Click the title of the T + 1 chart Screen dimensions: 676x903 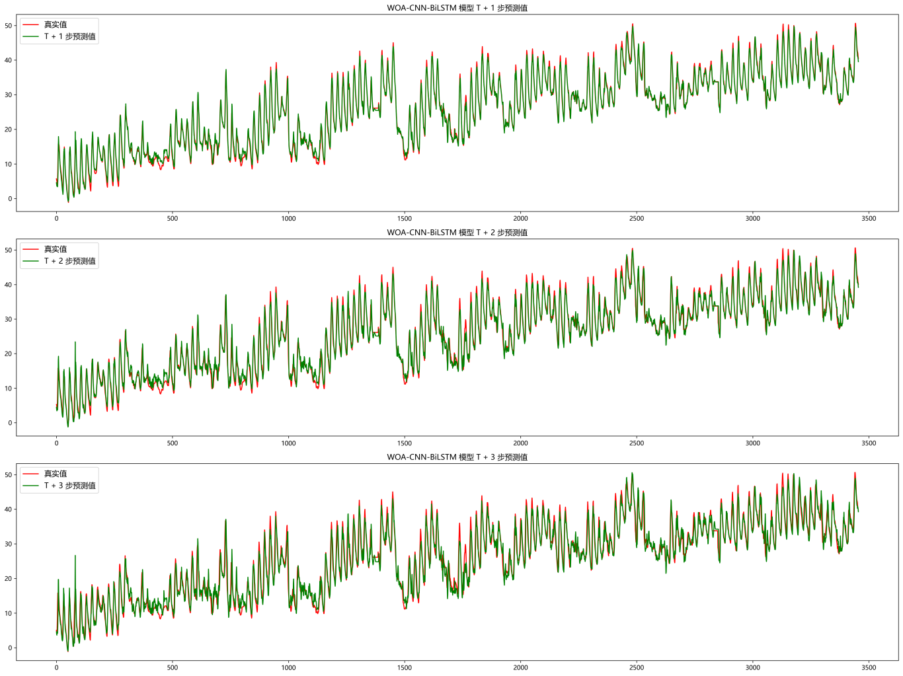[x=457, y=8]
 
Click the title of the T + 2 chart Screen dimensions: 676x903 [x=457, y=233]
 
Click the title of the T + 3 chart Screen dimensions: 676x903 [x=457, y=457]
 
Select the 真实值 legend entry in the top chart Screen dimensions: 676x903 [x=56, y=24]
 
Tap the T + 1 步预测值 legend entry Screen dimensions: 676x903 [x=69, y=36]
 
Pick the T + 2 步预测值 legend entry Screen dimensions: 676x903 [x=69, y=261]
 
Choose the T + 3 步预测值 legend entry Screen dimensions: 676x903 [x=69, y=486]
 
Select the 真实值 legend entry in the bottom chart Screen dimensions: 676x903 [x=56, y=474]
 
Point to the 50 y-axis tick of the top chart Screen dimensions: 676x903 [x=9, y=26]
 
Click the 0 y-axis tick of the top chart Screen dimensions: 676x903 [x=11, y=199]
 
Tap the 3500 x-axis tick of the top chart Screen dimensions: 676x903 [x=869, y=219]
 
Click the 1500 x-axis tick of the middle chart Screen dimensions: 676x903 [x=405, y=443]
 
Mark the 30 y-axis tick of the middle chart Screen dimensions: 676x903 [x=9, y=319]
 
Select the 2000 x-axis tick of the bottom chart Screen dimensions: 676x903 [x=520, y=667]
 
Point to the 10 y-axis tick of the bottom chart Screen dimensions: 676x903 [x=9, y=613]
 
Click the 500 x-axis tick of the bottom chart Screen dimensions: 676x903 [x=173, y=667]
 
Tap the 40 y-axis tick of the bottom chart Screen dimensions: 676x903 [x=9, y=509]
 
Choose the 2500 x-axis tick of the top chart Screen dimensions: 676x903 [x=637, y=219]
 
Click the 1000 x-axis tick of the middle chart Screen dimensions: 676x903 [x=288, y=443]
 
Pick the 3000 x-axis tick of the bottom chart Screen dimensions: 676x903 [x=753, y=667]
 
